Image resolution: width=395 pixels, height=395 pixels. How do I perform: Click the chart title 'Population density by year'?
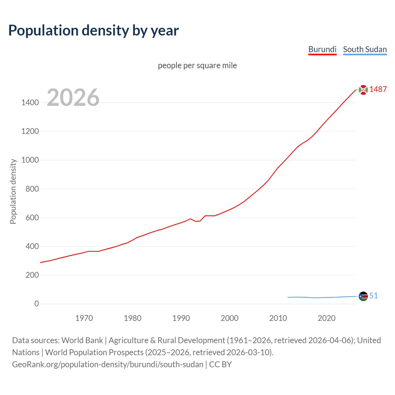94,31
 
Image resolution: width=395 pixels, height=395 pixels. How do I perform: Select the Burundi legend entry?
322,49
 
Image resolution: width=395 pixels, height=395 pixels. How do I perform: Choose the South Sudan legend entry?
365,49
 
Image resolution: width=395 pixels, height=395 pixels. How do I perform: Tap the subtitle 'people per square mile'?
197,65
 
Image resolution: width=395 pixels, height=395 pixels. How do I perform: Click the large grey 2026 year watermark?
73,98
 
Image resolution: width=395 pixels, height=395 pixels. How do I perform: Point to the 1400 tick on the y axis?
30,102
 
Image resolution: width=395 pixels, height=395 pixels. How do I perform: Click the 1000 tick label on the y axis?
30,160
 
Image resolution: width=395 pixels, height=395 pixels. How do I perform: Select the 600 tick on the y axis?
32,218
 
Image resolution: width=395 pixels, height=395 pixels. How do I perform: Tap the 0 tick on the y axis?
37,304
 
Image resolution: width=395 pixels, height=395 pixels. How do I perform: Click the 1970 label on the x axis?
84,318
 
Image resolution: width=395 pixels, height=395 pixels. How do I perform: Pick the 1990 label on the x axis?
181,318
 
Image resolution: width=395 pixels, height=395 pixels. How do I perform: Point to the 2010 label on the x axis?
278,318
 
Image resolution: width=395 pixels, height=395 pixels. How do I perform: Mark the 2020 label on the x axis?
326,318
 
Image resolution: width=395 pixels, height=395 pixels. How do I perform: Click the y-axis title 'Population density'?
13,191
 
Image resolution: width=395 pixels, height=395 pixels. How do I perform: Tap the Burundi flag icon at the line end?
363,90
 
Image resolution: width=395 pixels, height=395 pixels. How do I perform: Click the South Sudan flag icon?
363,296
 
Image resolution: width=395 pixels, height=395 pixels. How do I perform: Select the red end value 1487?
378,89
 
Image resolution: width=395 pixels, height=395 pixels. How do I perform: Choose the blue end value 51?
373,296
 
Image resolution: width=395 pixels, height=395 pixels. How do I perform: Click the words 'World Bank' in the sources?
82,340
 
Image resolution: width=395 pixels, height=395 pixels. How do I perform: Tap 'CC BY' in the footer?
220,364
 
